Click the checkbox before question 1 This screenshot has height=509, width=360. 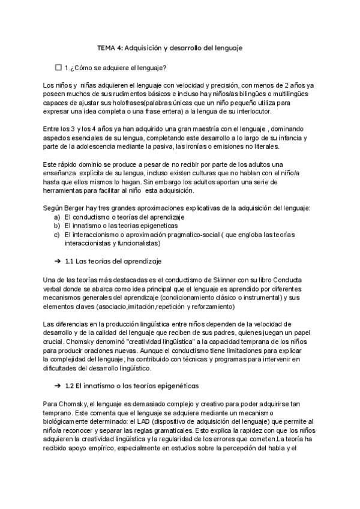pyautogui.click(x=58, y=67)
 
